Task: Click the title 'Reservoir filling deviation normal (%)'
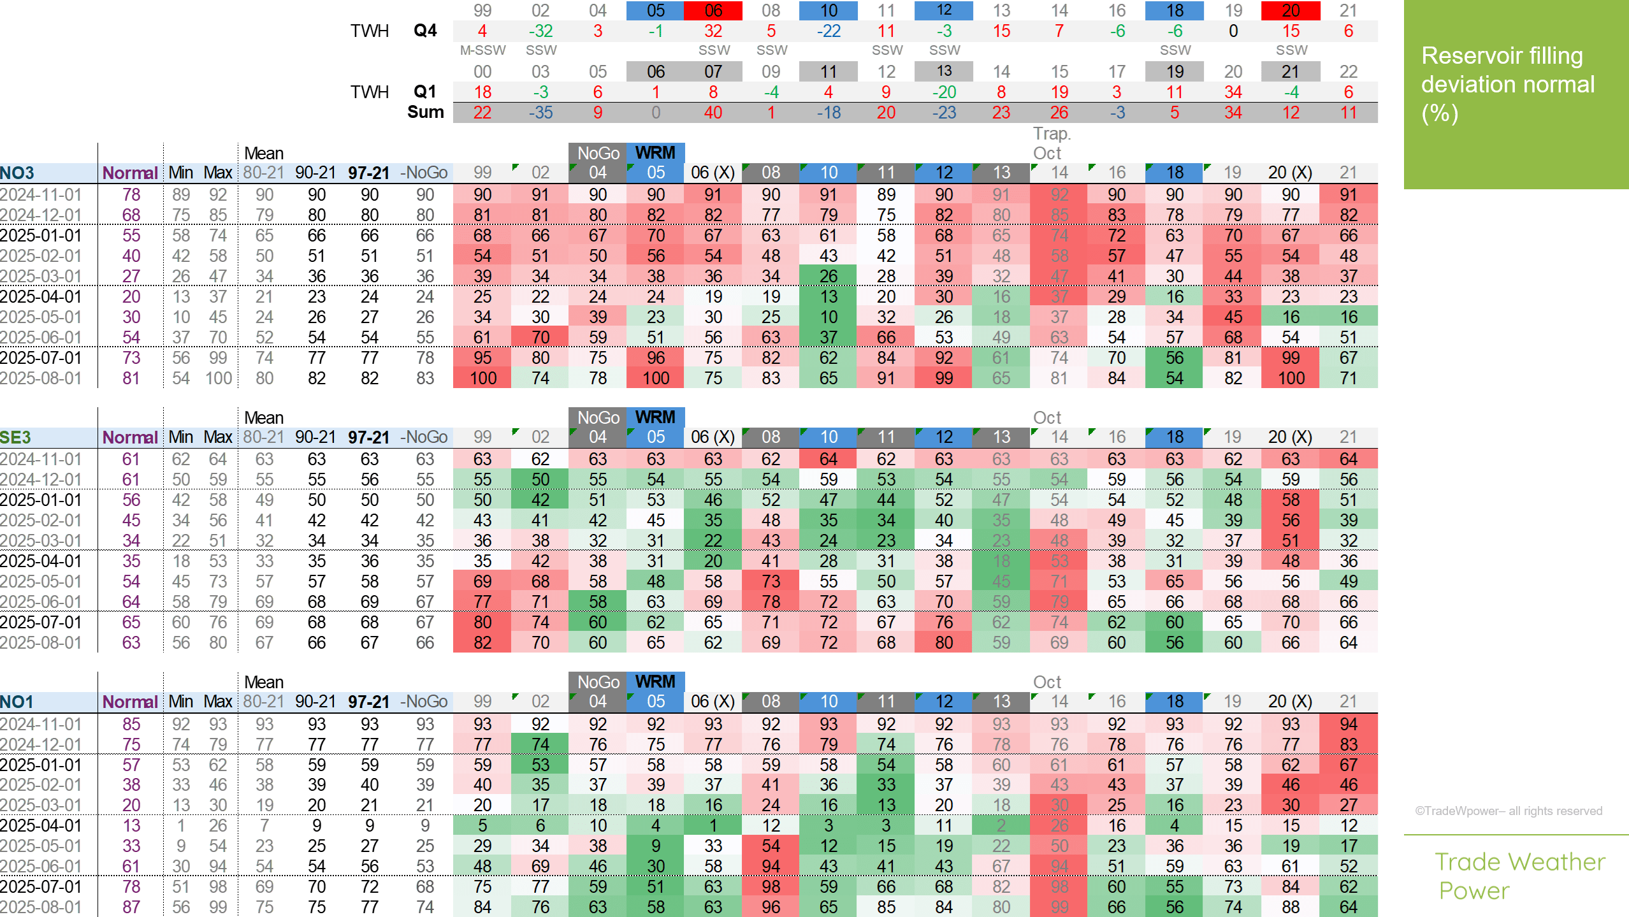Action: point(1507,85)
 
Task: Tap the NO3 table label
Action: point(18,173)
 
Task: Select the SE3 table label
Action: point(16,437)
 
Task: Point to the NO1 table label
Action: point(17,702)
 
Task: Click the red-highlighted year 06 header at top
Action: point(713,11)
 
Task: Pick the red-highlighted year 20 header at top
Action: point(1291,11)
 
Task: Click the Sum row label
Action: point(425,112)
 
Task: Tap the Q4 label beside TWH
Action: point(425,31)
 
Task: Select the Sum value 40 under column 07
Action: point(713,113)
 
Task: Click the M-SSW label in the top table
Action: point(482,50)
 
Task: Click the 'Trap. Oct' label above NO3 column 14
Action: point(1052,143)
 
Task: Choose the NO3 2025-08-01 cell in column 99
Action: point(482,378)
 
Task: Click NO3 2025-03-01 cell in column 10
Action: point(829,276)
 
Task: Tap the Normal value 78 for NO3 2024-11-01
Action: point(131,194)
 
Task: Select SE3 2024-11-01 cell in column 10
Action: point(829,459)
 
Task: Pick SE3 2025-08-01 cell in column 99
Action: point(482,642)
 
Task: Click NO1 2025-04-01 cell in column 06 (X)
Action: point(713,825)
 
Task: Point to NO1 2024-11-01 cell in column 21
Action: point(1348,724)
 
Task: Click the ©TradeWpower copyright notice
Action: point(1509,811)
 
